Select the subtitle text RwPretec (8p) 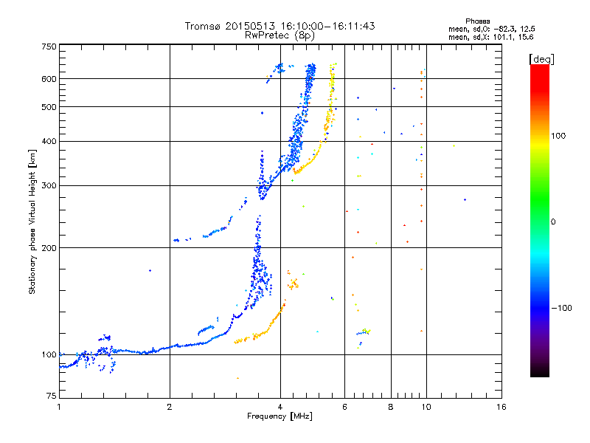(x=280, y=35)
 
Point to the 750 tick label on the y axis (x=49, y=47)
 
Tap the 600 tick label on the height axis (x=49, y=79)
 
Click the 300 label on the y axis (x=49, y=185)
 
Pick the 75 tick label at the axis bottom (x=52, y=396)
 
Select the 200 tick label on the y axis (x=49, y=248)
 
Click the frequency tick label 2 (x=170, y=407)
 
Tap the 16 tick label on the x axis (x=502, y=407)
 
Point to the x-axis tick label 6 (x=344, y=407)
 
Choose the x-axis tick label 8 (x=391, y=407)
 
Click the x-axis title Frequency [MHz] (x=280, y=416)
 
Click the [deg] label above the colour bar (x=541, y=59)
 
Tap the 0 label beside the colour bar (x=553, y=221)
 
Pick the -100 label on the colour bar (x=561, y=308)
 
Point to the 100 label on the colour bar (x=558, y=136)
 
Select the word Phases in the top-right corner (x=477, y=21)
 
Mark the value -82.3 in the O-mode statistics (x=503, y=29)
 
